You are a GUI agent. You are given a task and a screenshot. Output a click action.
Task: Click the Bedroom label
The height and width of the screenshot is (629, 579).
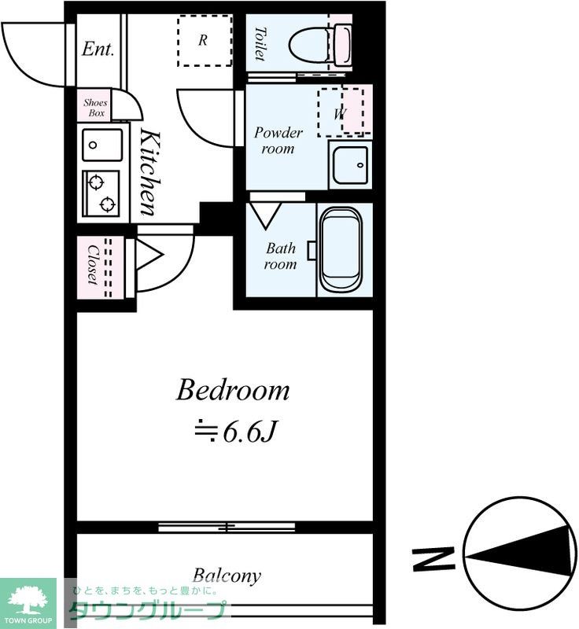coord(233,390)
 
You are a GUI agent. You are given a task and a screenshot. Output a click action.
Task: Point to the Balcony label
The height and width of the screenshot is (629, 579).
coord(227,576)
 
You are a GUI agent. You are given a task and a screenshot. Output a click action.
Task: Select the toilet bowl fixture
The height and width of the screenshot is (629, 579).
coord(320,44)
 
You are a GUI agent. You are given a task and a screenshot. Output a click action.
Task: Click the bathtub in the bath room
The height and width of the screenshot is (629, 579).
coord(341,250)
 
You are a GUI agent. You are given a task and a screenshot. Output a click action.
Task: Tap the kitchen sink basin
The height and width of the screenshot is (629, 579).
coord(102,145)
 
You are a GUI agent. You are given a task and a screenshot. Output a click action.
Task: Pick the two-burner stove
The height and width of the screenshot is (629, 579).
coord(101,193)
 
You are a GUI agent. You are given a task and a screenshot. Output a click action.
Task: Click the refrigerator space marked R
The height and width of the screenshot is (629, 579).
coord(205,41)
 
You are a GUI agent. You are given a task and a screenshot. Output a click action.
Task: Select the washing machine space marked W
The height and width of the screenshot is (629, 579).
coord(341,112)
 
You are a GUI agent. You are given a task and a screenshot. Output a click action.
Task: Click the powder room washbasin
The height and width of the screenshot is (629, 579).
coord(350,165)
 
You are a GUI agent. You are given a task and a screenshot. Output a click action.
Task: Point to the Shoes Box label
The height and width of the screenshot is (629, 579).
coord(95,108)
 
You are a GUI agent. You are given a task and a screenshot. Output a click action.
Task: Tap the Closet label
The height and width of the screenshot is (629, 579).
coord(93,265)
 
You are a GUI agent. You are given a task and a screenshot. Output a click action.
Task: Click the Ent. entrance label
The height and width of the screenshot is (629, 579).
coord(98,50)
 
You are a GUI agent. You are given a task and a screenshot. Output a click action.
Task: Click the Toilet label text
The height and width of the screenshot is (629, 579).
coord(260,44)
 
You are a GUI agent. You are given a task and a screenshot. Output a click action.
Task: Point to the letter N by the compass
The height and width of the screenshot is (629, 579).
coord(433,558)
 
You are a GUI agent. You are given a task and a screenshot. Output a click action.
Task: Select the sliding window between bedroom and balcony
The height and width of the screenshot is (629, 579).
coord(227,527)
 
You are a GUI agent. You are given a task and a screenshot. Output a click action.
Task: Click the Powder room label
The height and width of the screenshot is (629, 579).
coord(278,141)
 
